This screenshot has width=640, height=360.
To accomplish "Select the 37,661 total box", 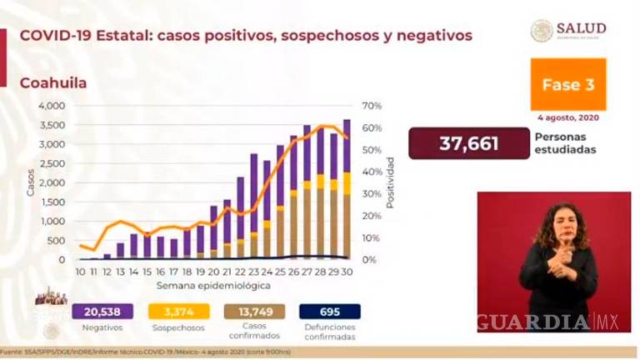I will click(x=469, y=143).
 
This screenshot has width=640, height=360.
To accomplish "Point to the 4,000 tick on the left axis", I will click(x=51, y=106).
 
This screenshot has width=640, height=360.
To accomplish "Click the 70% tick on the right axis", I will click(x=370, y=106).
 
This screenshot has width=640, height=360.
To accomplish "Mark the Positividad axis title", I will click(x=390, y=182).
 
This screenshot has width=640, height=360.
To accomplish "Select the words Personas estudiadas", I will click(x=557, y=143).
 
